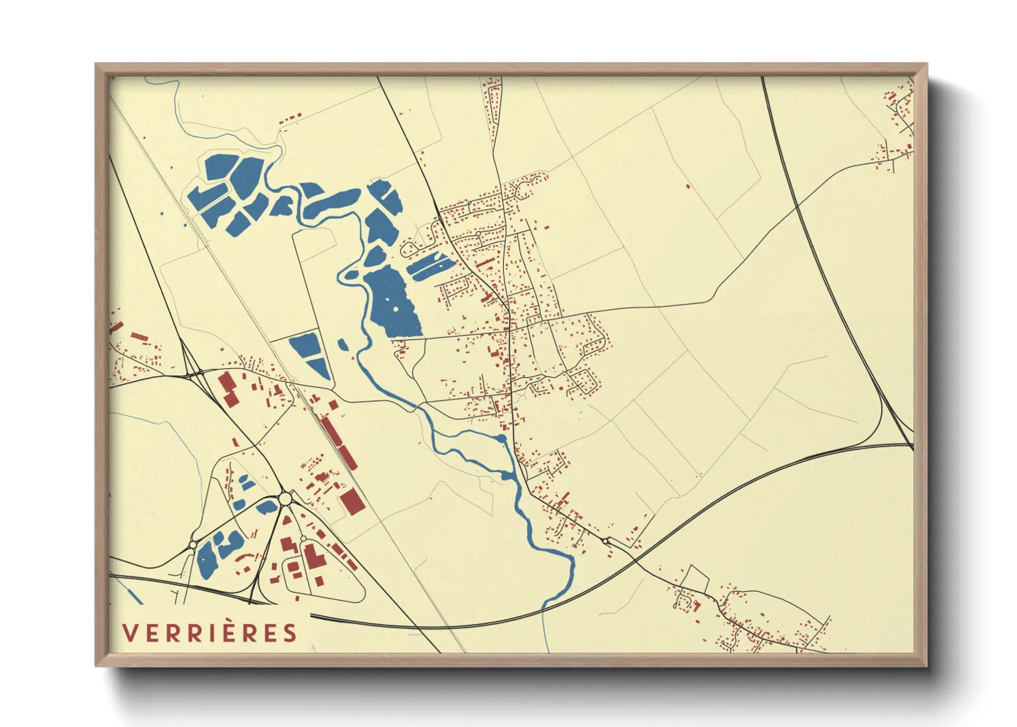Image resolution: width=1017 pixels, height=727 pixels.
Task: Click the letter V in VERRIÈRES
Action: [x=128, y=633]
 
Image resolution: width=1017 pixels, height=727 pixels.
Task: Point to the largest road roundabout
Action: [x=284, y=498]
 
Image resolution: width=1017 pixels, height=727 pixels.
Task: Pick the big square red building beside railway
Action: [x=353, y=502]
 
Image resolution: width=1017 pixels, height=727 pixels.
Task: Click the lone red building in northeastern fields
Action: [x=688, y=186]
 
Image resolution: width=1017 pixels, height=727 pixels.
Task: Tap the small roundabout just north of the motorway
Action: [x=605, y=541]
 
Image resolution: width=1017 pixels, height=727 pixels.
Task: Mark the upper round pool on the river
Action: [x=502, y=438]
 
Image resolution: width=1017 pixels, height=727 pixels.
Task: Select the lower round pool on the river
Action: [x=507, y=475]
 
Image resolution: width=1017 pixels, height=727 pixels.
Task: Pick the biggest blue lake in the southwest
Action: [x=207, y=560]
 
